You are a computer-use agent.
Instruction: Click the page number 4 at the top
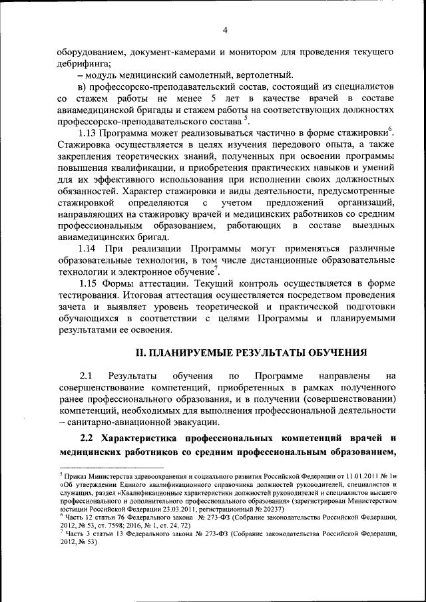click(225, 30)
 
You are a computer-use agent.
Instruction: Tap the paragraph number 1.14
click(90, 247)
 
